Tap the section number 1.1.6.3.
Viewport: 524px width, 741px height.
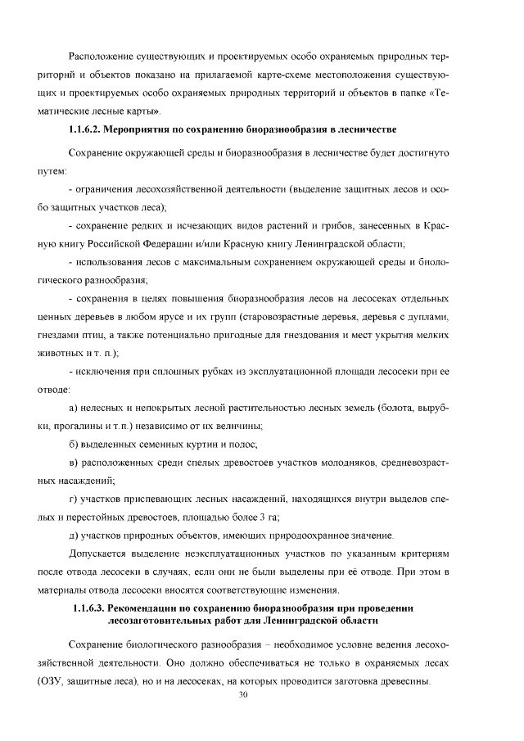point(91,608)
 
